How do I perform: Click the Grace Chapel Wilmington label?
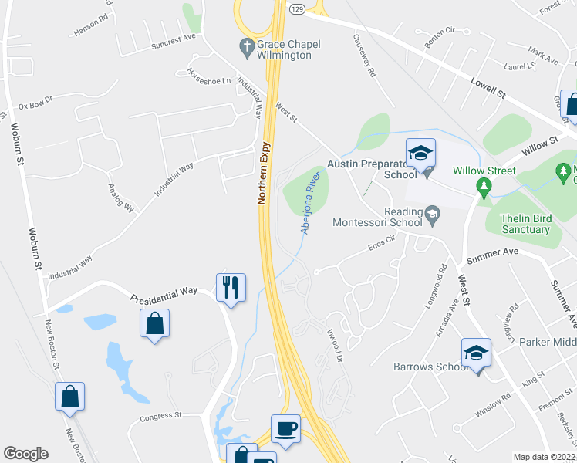point(285,49)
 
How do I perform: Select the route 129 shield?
point(298,8)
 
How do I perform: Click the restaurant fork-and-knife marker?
point(231,288)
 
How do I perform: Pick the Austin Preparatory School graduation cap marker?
point(420,153)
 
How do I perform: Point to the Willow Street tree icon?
point(484,185)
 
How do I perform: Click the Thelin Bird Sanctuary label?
point(525,223)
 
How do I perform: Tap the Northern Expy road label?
point(262,173)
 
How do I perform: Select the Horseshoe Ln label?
point(208,76)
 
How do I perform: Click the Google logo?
point(25,454)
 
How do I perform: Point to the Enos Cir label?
point(381,245)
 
